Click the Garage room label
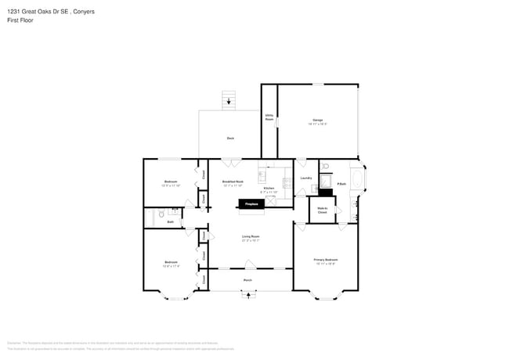coord(317,120)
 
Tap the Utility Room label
coord(269,117)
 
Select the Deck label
coord(230,138)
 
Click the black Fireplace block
coord(251,204)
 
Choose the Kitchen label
coord(269,189)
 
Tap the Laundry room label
coord(306,178)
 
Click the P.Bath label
coord(341,184)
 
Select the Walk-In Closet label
coord(322,210)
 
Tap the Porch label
coord(247,279)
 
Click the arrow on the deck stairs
coord(229,101)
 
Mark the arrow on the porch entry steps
coord(250,296)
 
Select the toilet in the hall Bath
coord(159,212)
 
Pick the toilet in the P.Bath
coord(326,166)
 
